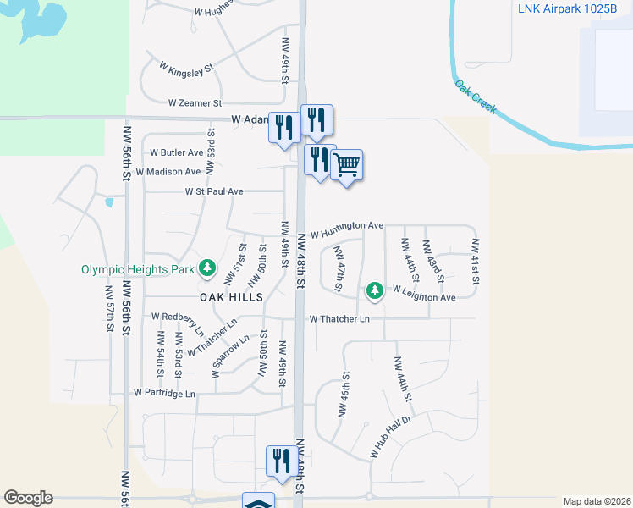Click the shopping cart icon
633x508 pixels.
pyautogui.click(x=347, y=164)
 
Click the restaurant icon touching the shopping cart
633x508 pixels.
pyautogui.click(x=320, y=160)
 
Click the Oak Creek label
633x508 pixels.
pyautogui.click(x=475, y=97)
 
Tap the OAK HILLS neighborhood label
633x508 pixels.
pyautogui.click(x=231, y=297)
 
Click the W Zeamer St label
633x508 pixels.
pyautogui.click(x=195, y=102)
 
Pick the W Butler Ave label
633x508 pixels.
pyautogui.click(x=177, y=152)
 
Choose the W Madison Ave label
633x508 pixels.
pyautogui.click(x=168, y=171)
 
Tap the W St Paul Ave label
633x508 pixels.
pyautogui.click(x=214, y=192)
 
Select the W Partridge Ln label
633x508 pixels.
pyautogui.click(x=164, y=394)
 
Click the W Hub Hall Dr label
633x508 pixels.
pyautogui.click(x=389, y=438)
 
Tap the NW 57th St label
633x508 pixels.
pyautogui.click(x=110, y=308)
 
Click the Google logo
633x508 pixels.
pyautogui.click(x=28, y=498)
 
